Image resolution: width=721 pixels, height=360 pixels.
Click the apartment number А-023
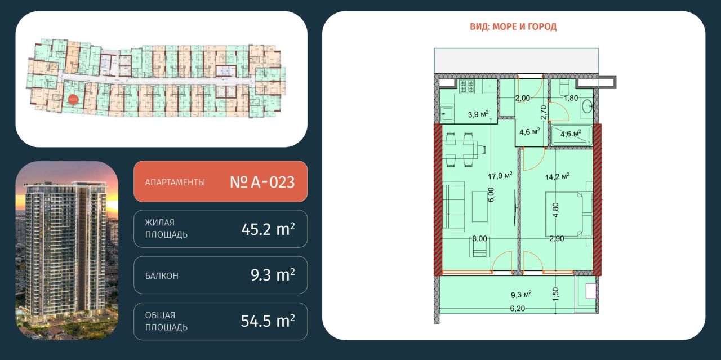coord(262,182)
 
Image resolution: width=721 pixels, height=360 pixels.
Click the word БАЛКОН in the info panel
coord(162,276)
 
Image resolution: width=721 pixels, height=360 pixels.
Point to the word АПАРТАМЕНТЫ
coord(175,183)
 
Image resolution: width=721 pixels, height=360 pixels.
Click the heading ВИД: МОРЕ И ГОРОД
coord(513,26)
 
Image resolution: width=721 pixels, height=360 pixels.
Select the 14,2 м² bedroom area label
coord(558,175)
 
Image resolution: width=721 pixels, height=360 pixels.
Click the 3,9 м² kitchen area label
coord(478,114)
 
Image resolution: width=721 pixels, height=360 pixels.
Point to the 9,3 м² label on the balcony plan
coord(521,294)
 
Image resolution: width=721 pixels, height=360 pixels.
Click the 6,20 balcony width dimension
coord(519,308)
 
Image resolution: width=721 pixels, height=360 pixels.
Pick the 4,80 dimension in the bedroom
coord(555,210)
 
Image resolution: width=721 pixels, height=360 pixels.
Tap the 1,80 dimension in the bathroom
coord(571,98)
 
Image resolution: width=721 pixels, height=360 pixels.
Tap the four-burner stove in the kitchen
coord(467,86)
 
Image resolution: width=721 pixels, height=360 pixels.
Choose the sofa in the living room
coord(453,206)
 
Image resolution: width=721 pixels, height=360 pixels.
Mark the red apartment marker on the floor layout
coord(72,99)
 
